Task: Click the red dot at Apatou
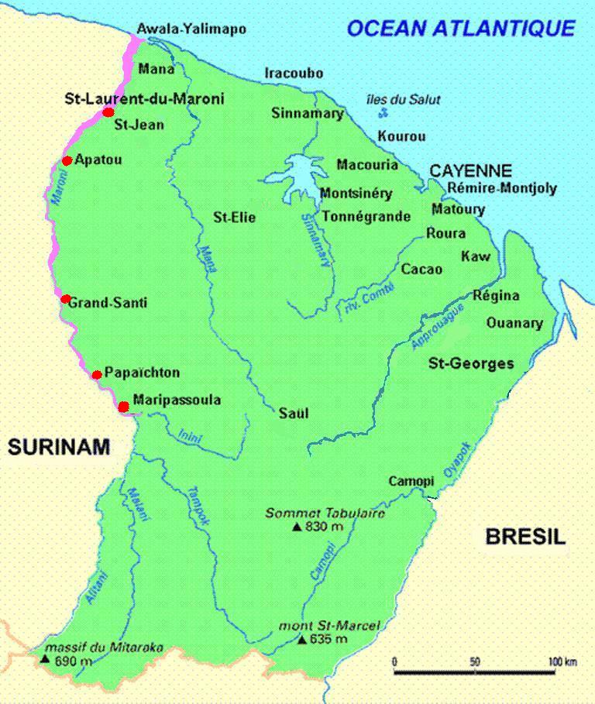67,161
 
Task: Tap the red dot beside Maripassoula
123,406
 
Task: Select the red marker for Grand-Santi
66,299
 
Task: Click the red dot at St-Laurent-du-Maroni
108,112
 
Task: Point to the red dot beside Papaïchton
97,375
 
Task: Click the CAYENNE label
470,171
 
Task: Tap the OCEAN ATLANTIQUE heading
460,29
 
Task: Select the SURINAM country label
59,447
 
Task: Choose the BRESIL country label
525,536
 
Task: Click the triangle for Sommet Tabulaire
297,527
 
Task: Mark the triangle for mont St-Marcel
301,640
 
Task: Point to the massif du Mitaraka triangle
45,660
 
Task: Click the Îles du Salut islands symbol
383,113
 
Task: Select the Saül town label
294,413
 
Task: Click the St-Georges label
471,362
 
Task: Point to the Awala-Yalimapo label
191,29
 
